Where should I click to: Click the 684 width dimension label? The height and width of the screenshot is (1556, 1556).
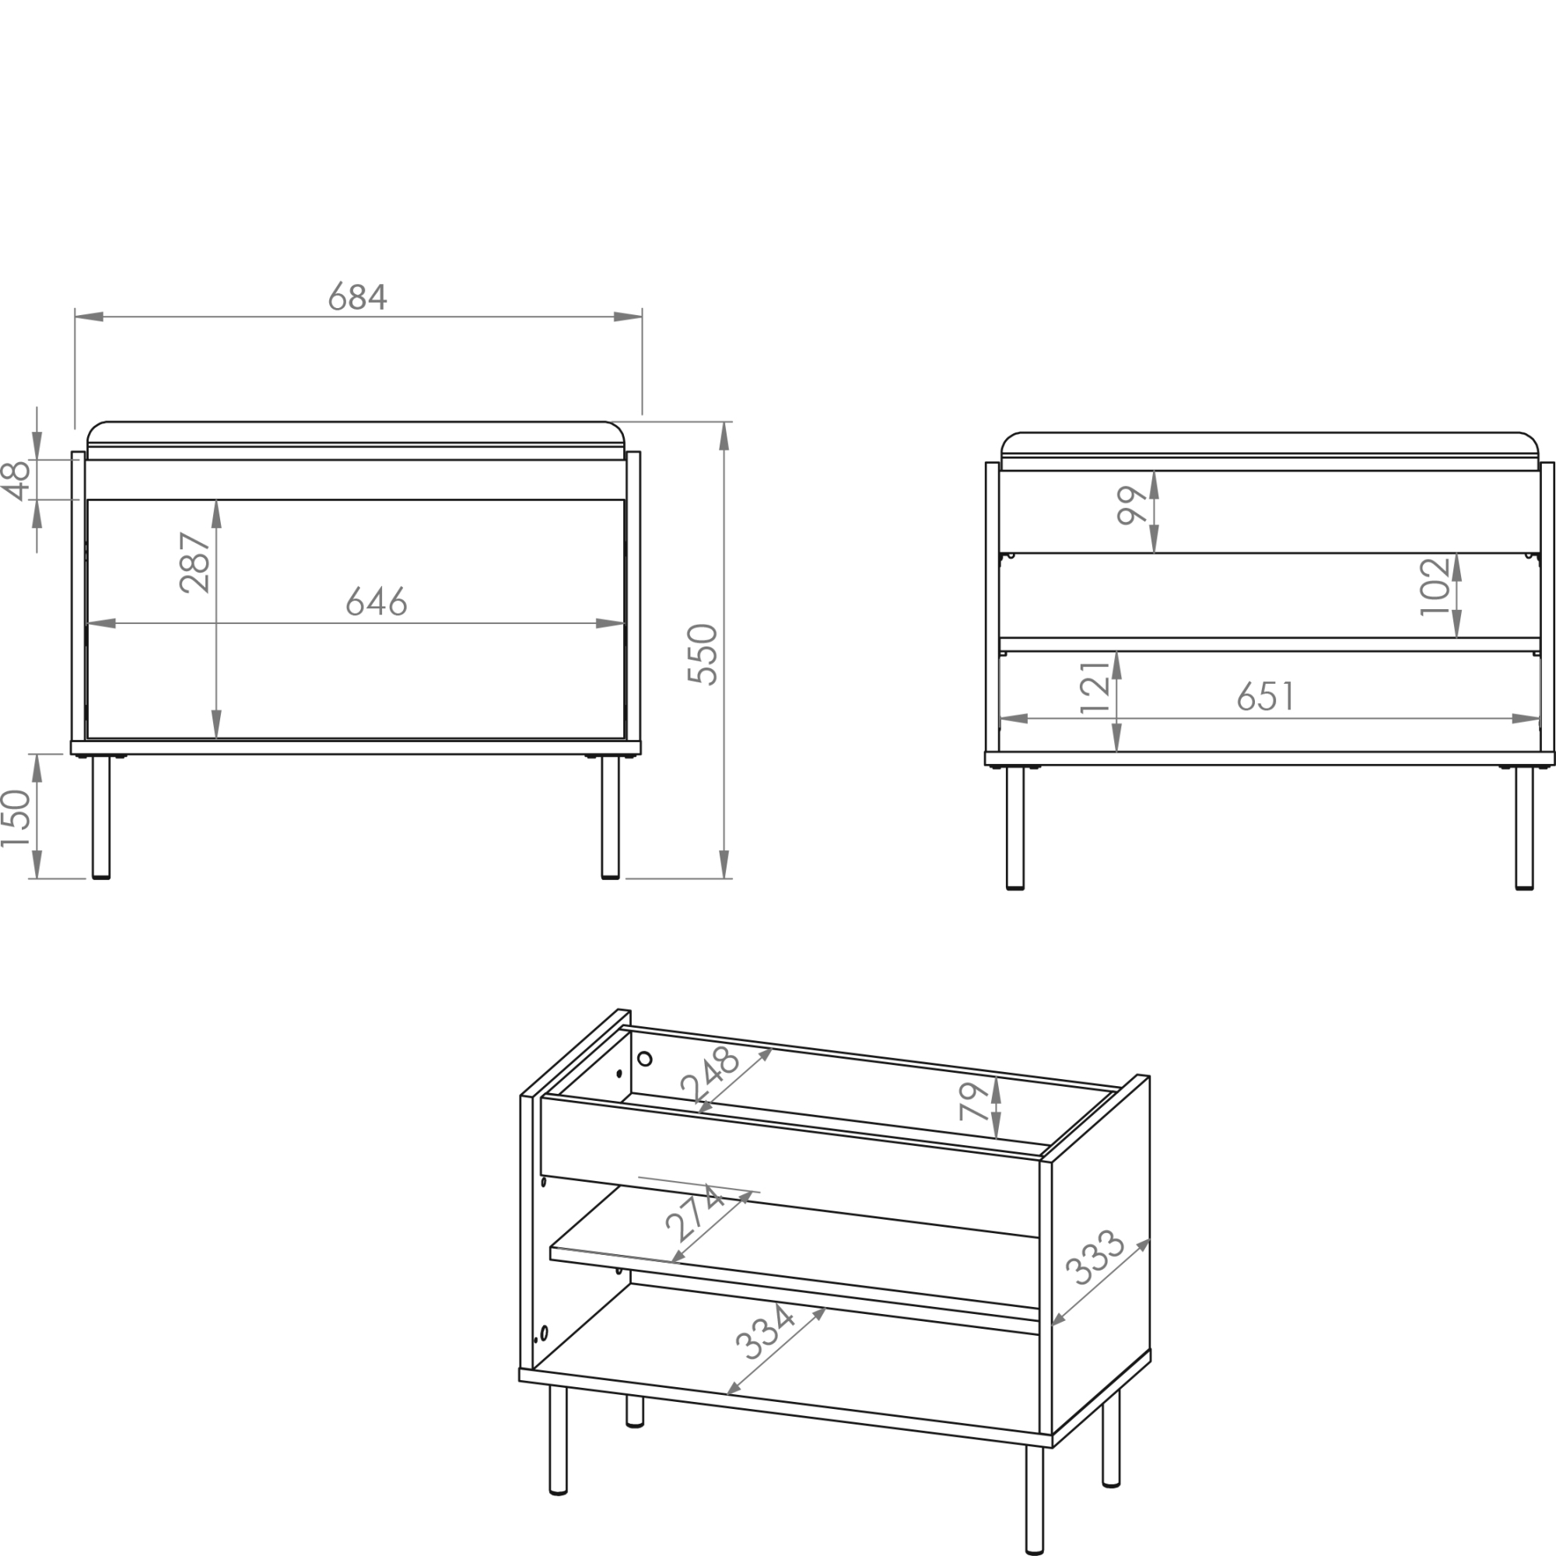[x=358, y=296]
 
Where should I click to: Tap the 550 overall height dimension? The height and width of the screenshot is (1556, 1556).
[x=703, y=654]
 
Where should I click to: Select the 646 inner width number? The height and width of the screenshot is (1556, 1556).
[x=377, y=601]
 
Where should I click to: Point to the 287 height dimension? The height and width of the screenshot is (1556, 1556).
[x=195, y=562]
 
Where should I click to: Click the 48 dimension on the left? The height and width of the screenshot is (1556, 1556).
[x=17, y=481]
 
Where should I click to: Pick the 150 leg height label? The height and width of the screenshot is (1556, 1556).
[x=16, y=818]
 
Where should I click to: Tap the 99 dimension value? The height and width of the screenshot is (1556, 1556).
[x=1132, y=506]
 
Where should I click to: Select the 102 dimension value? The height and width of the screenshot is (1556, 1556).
[x=1435, y=587]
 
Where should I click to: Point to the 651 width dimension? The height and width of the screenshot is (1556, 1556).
[x=1266, y=696]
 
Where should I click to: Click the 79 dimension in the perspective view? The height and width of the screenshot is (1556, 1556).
[x=974, y=1102]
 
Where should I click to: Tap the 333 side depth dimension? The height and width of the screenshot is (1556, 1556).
[x=1095, y=1257]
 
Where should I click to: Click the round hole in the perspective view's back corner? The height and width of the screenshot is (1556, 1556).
[x=644, y=1059]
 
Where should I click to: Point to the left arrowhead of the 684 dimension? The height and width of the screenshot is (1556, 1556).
[x=89, y=317]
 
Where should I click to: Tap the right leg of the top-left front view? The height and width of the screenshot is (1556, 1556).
[x=611, y=817]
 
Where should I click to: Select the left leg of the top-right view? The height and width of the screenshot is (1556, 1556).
[x=1015, y=827]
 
